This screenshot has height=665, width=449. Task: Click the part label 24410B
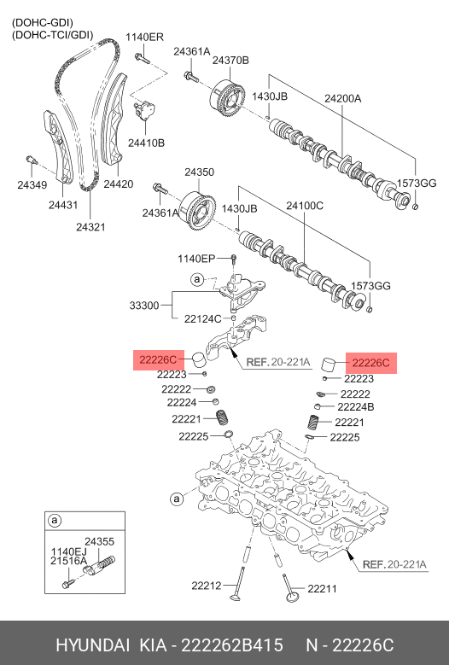tap(146, 143)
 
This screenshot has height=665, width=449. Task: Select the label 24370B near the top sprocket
tap(230, 61)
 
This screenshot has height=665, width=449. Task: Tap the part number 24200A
tap(342, 98)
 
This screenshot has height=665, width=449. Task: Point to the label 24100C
tap(305, 206)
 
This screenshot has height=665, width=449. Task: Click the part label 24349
tap(32, 185)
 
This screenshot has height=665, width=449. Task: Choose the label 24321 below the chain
tap(90, 227)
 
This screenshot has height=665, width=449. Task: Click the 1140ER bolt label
tap(144, 37)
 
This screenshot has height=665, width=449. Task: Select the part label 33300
tap(144, 306)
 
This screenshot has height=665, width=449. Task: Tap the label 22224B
tap(356, 407)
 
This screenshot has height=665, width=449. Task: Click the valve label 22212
tap(207, 586)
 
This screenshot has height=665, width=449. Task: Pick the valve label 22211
tap(322, 589)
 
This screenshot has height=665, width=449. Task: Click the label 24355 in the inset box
tap(100, 541)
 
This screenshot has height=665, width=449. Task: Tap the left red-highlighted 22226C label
tap(158, 360)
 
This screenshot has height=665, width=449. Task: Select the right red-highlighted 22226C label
tap(371, 363)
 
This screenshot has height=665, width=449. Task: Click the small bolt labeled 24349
tap(32, 160)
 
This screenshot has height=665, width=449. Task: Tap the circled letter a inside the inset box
tap(55, 520)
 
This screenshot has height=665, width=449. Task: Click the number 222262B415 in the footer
tap(232, 645)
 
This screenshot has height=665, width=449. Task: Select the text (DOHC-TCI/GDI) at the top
tap(53, 35)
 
